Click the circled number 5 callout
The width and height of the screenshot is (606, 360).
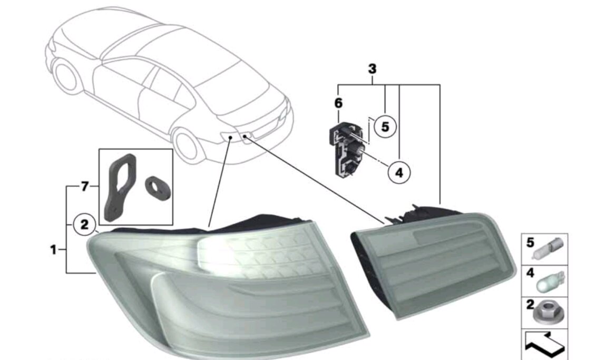coord(385,127)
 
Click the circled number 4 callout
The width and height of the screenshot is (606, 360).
coord(398,172)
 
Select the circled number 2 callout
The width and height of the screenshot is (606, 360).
coord(84,224)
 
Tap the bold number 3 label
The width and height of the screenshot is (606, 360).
coord(372,69)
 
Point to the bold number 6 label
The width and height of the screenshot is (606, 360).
coord(338,103)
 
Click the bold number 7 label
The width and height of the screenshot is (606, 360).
coord(85,187)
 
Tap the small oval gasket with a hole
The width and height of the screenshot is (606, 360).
coord(158,188)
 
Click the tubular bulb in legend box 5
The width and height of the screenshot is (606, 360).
coord(549,249)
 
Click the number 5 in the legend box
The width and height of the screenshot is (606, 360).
coord(530,243)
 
